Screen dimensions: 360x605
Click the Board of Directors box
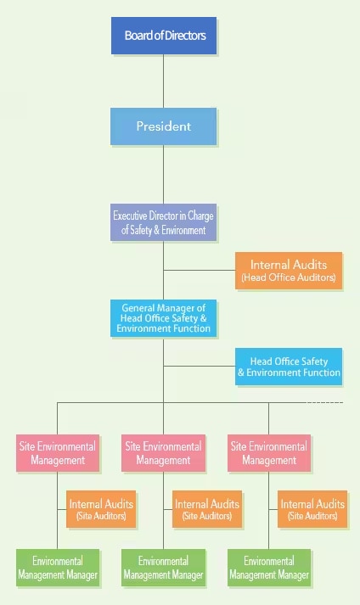(164, 36)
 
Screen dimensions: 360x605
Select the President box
(163, 126)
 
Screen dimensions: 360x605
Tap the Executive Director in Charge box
(163, 222)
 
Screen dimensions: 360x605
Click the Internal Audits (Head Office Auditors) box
(289, 271)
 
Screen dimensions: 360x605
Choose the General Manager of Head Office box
(163, 318)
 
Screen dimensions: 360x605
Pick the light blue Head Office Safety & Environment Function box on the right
(289, 367)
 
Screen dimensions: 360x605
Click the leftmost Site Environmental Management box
(58, 453)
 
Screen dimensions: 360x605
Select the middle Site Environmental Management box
(163, 453)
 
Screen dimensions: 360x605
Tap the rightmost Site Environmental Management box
(269, 453)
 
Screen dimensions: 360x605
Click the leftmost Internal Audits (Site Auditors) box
(101, 509)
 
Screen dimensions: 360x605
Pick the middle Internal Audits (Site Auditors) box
(207, 509)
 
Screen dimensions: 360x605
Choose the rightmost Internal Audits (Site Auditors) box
(312, 509)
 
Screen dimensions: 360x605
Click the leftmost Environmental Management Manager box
(58, 568)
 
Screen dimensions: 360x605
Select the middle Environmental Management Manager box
(163, 568)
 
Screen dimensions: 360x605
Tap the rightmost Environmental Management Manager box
(269, 568)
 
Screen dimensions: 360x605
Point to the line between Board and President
(163, 81)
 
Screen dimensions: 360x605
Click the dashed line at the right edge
(324, 402)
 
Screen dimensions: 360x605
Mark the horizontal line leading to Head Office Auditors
(200, 271)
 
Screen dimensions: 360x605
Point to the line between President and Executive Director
(163, 175)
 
